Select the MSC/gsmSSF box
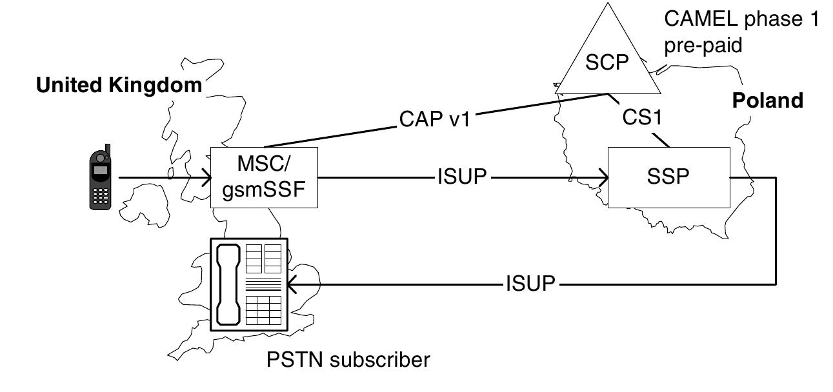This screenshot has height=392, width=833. click(265, 177)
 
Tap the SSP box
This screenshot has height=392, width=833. click(668, 177)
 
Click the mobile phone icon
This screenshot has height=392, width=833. click(99, 177)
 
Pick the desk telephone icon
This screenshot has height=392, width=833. click(249, 284)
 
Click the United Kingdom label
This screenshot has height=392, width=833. click(119, 86)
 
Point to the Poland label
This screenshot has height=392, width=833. click(767, 101)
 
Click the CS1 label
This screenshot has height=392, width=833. click(641, 119)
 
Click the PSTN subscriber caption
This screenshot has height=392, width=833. click(348, 359)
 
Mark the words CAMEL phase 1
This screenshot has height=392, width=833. click(741, 19)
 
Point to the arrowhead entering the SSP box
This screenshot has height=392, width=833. click(604, 177)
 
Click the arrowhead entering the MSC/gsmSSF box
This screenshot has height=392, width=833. click(207, 177)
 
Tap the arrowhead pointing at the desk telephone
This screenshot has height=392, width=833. click(293, 283)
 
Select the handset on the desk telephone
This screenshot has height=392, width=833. click(228, 284)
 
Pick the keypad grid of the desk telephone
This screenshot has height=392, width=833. click(263, 309)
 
